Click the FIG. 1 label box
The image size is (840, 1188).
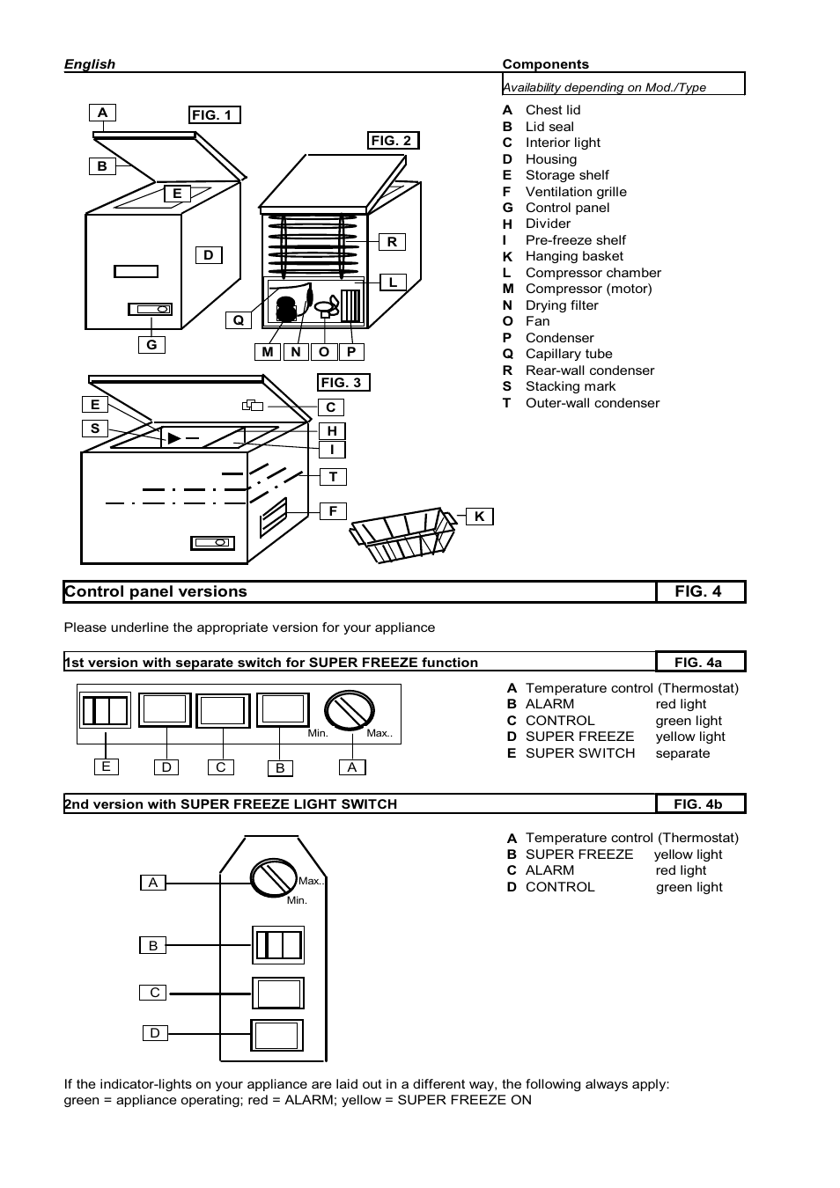(215, 115)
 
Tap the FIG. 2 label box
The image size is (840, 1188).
(394, 141)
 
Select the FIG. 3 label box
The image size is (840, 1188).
(343, 383)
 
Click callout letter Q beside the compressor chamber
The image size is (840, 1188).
(238, 320)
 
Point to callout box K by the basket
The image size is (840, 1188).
(479, 517)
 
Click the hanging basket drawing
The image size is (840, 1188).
(404, 535)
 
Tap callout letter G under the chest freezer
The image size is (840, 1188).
(151, 345)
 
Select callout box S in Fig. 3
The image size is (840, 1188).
(95, 429)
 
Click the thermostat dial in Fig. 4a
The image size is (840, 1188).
(350, 710)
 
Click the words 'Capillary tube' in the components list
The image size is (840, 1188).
(569, 354)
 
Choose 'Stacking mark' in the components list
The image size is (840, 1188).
(571, 386)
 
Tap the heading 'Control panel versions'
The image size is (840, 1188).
(156, 592)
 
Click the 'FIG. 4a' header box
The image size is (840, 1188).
(699, 662)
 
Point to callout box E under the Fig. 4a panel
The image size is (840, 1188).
(106, 766)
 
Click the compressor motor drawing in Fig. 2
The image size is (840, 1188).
(287, 307)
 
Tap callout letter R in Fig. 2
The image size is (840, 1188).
(392, 242)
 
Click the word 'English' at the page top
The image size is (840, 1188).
(90, 64)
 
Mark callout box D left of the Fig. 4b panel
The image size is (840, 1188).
(155, 1033)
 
